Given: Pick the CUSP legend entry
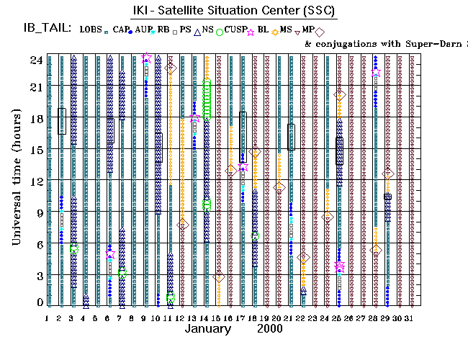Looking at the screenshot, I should coord(233,29).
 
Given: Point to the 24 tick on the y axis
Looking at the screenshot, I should coord(35,60).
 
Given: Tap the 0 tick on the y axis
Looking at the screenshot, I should coord(40,303).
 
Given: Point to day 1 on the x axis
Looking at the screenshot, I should coord(48,318).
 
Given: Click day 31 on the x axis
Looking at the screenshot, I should coord(410,318).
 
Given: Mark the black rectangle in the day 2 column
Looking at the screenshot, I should coord(62,120).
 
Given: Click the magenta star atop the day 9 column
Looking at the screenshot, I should coord(146,58).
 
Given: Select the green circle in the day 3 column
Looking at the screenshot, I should coord(74,248).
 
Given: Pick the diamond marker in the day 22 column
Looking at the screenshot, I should coord(303,257).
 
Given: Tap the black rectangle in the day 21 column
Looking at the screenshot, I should coord(291,137).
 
